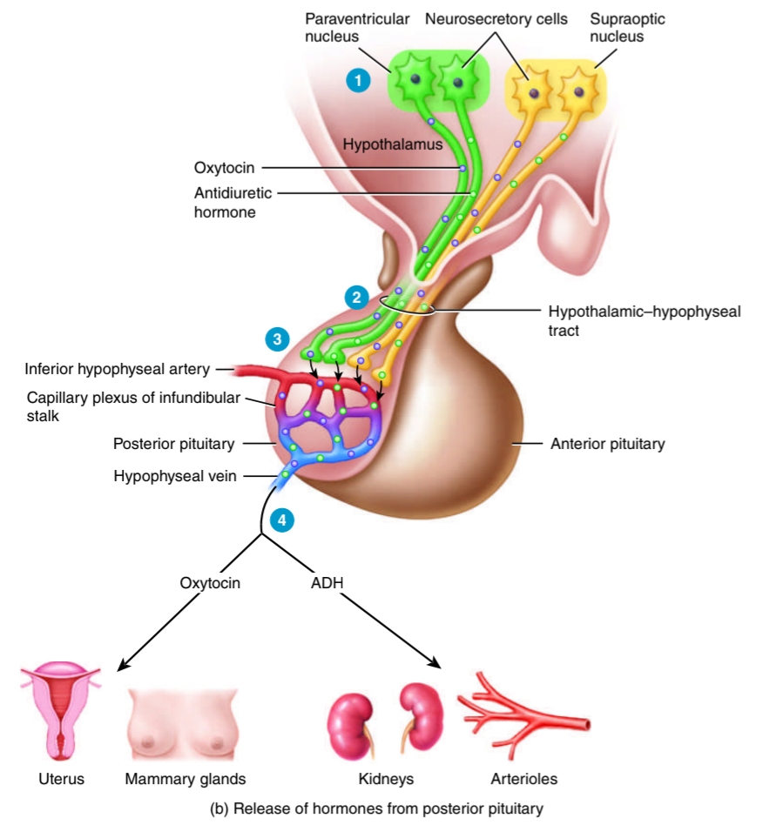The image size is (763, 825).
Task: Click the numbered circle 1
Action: pyautogui.click(x=356, y=80)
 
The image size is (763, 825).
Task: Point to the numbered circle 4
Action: pyautogui.click(x=281, y=520)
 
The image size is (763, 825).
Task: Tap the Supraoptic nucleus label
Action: pyautogui.click(x=617, y=27)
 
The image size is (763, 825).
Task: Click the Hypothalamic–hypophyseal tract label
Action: pyautogui.click(x=644, y=319)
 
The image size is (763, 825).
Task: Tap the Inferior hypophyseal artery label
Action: pyautogui.click(x=118, y=369)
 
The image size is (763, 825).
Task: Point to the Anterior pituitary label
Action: pyautogui.click(x=607, y=444)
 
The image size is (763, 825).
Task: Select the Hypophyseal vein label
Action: pyautogui.click(x=174, y=476)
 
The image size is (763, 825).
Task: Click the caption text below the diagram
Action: pyautogui.click(x=377, y=808)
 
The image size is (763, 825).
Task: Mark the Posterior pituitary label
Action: pyautogui.click(x=173, y=444)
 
